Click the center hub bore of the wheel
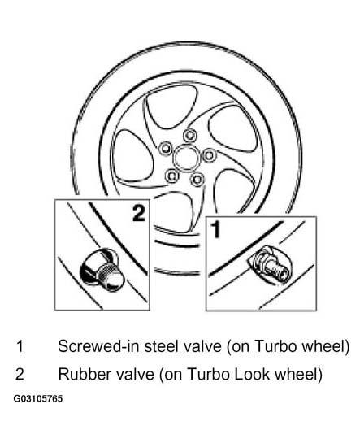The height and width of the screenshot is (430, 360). pyautogui.click(x=185, y=159)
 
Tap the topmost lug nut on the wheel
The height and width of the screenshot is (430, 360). pyautogui.click(x=190, y=136)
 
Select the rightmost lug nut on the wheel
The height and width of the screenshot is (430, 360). pyautogui.click(x=209, y=155)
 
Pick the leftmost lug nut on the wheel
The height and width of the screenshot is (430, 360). pyautogui.click(x=166, y=149)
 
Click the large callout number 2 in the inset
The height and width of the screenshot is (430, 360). pyautogui.click(x=139, y=213)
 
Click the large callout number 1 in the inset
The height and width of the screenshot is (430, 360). pyautogui.click(x=216, y=230)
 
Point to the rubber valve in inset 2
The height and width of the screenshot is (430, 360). pyautogui.click(x=102, y=270)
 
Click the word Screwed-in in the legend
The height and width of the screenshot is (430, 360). pyautogui.click(x=99, y=346)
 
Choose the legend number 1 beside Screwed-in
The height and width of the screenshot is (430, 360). pyautogui.click(x=20, y=346)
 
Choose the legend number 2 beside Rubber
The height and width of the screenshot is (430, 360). pyautogui.click(x=20, y=374)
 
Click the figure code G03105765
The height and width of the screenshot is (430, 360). pyautogui.click(x=38, y=398)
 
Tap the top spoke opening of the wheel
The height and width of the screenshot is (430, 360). pyautogui.click(x=171, y=107)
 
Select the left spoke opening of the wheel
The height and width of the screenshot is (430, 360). pyautogui.click(x=132, y=157)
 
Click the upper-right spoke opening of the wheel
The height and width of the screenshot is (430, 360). pyautogui.click(x=233, y=128)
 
